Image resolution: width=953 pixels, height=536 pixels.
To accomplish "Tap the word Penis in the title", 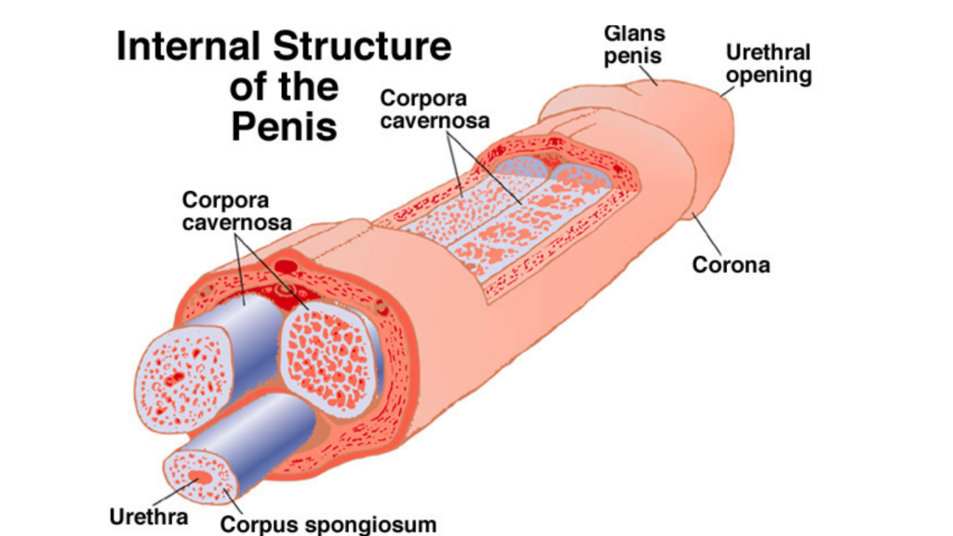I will click(x=284, y=127).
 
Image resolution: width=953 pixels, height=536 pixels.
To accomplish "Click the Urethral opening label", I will click(x=769, y=62).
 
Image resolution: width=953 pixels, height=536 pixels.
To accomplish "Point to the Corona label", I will click(x=731, y=264).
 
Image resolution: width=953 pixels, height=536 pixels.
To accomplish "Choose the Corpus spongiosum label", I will click(x=328, y=523).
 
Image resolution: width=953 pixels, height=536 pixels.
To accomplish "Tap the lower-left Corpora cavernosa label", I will click(x=236, y=211).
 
